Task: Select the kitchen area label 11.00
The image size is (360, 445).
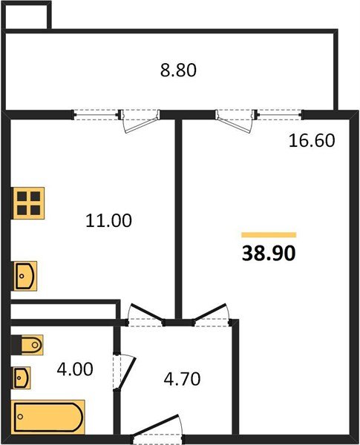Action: (x=108, y=220)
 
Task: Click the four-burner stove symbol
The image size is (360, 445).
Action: (x=28, y=202)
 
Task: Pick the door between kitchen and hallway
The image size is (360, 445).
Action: (x=145, y=314)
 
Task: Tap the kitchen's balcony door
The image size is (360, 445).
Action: (x=140, y=119)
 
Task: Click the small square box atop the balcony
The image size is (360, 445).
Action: (x=27, y=16)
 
